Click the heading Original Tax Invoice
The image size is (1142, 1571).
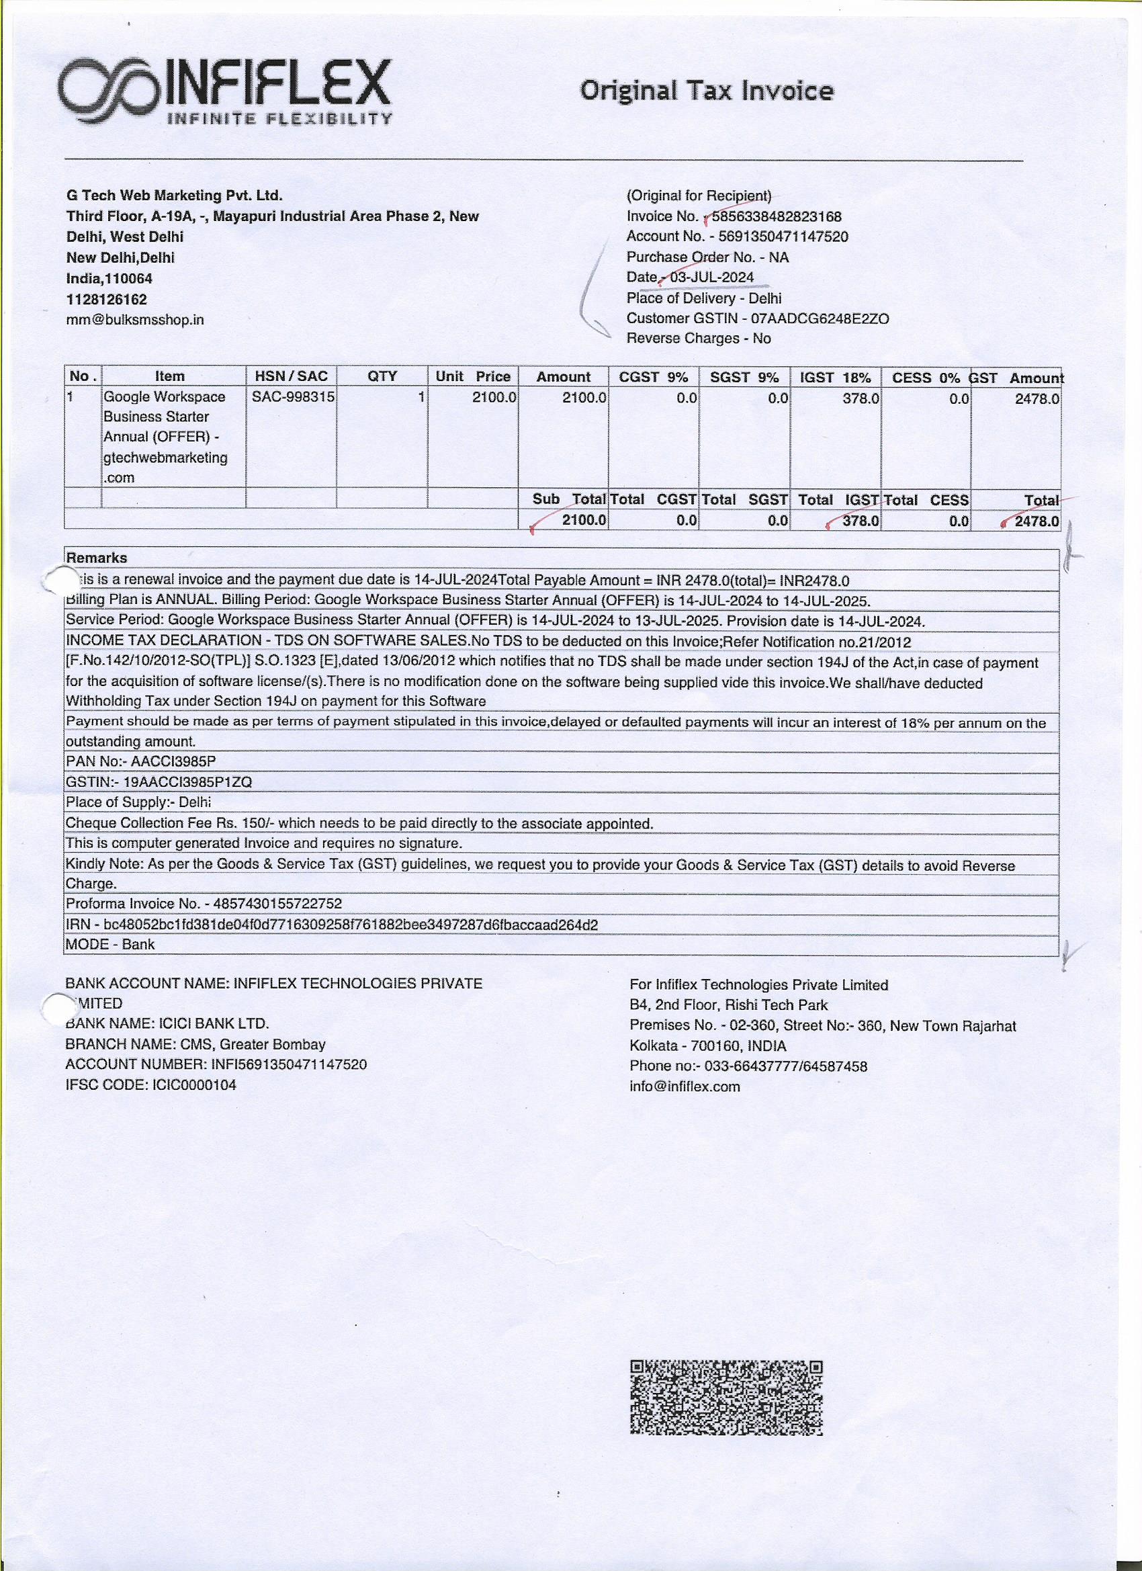[707, 91]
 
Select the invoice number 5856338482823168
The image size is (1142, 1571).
[777, 216]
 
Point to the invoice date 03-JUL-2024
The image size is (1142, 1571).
[711, 277]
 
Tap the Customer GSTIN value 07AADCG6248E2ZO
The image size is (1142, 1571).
[820, 319]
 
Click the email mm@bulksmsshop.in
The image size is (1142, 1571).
[135, 320]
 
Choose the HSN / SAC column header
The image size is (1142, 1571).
[291, 376]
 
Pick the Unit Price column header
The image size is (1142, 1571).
[472, 376]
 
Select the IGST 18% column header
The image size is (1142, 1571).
[834, 377]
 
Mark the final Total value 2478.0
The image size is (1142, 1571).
[1036, 521]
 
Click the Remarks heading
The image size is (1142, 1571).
[96, 558]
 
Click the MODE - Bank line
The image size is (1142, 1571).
[110, 944]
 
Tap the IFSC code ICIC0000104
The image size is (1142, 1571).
[192, 1085]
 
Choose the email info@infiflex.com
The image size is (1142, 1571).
[685, 1086]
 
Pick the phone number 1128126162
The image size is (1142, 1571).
[106, 299]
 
